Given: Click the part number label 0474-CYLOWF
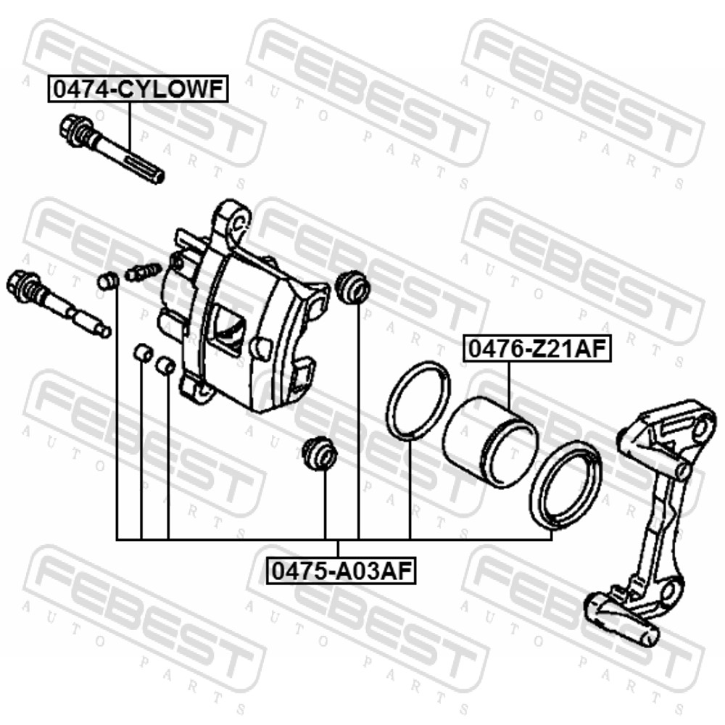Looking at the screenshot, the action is [138, 89].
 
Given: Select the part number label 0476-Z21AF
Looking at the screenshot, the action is [537, 349].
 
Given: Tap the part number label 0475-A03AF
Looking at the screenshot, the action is [341, 571].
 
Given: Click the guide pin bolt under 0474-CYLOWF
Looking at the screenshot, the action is [112, 149].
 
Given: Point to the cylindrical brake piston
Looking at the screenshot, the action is [491, 442].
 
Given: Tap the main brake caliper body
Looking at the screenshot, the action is [245, 310].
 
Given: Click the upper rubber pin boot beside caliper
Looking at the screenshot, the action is [352, 288].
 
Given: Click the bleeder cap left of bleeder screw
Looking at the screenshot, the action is [108, 281].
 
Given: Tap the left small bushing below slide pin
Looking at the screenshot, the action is [142, 353].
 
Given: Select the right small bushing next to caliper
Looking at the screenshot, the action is [165, 365].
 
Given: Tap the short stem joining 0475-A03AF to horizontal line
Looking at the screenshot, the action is [338, 550].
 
